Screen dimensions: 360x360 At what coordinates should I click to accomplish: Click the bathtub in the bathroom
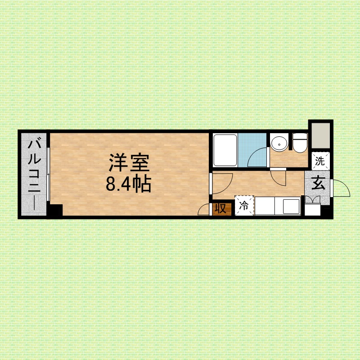(x=225, y=150)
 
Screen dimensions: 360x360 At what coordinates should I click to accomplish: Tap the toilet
(x=299, y=143)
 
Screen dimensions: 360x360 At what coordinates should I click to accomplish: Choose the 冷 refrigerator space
(x=244, y=206)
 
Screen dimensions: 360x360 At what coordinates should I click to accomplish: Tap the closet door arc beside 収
(x=204, y=209)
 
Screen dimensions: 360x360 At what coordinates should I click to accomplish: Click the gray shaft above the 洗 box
(x=320, y=135)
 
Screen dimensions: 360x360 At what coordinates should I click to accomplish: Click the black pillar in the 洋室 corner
(x=55, y=210)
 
